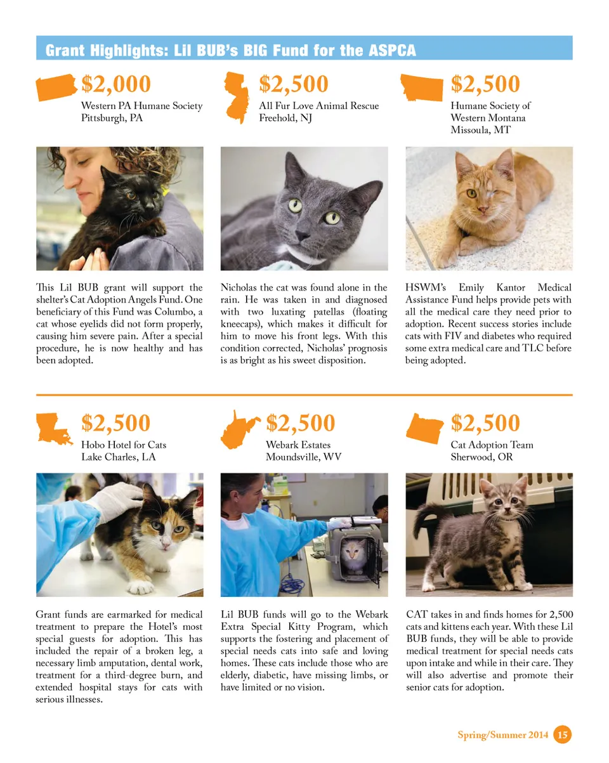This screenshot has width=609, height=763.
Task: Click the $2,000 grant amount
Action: click(x=116, y=84)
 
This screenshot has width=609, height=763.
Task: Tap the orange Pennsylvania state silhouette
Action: click(x=56, y=88)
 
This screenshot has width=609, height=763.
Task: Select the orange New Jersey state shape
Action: click(x=237, y=97)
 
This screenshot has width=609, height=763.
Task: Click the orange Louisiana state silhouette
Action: click(x=55, y=427)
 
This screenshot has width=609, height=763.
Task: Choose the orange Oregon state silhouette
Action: click(x=425, y=427)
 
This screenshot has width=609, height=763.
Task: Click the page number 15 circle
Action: click(x=562, y=734)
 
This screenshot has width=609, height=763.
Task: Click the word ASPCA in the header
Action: click(x=392, y=51)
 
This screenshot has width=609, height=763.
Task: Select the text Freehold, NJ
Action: click(x=286, y=118)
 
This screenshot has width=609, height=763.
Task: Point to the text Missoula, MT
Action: click(x=480, y=130)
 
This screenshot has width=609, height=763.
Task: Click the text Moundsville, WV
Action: click(x=303, y=457)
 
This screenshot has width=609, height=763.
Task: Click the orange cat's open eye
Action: click(x=471, y=193)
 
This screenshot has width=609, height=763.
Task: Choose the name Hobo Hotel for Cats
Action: click(x=124, y=445)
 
